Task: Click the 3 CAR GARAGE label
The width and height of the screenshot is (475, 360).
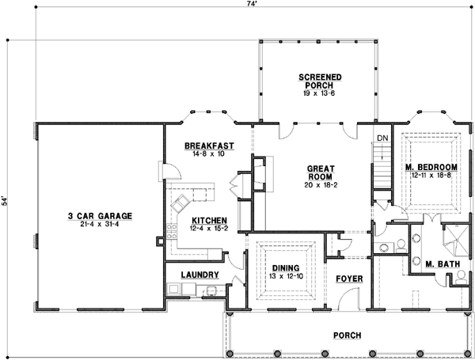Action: click(100, 216)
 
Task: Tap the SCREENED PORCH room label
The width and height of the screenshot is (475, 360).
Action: click(320, 81)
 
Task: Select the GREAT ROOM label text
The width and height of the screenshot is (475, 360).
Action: click(321, 172)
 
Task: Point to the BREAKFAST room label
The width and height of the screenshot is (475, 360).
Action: click(209, 146)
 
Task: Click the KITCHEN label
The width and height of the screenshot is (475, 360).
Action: click(209, 221)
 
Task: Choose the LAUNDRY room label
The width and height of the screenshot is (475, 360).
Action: click(200, 275)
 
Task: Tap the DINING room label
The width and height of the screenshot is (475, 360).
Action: click(286, 268)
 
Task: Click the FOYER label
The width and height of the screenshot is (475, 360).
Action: click(349, 279)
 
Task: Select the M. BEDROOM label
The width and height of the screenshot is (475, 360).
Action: click(431, 167)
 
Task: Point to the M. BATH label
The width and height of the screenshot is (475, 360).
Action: click(443, 264)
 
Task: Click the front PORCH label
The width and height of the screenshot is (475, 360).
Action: click(348, 335)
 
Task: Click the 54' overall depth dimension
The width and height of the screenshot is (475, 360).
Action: click(4, 201)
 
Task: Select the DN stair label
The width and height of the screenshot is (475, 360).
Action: click(382, 138)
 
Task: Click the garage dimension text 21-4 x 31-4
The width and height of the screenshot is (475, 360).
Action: click(100, 225)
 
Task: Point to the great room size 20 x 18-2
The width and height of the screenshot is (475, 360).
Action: click(321, 184)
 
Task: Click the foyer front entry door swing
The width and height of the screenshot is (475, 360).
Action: click(348, 298)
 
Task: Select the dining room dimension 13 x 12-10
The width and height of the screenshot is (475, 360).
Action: click(286, 276)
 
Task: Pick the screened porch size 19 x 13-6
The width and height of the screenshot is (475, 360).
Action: click(319, 93)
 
